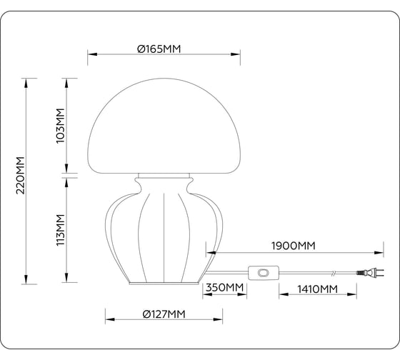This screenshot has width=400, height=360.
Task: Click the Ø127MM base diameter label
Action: tap(163, 314)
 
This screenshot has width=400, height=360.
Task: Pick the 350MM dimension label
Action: tap(226, 288)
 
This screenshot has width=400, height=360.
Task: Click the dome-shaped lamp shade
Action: tap(164, 121)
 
